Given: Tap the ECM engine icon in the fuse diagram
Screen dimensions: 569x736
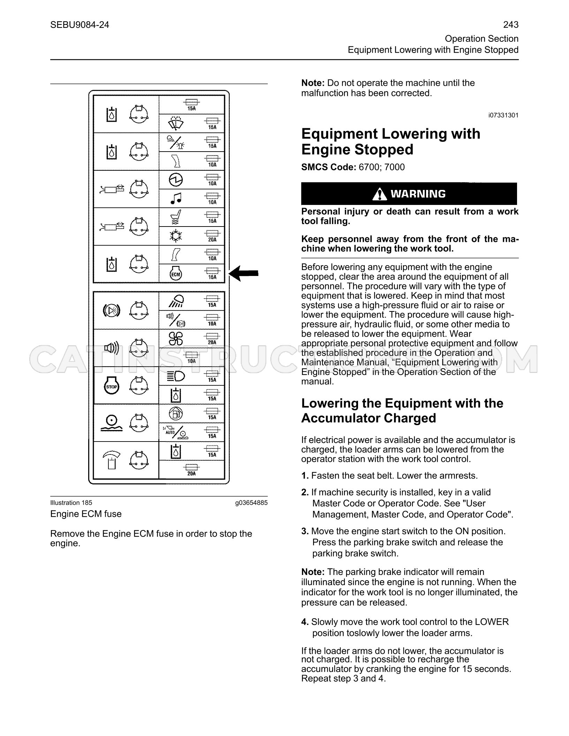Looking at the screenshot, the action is click(175, 273).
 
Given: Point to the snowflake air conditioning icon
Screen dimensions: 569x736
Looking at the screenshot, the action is click(175, 236).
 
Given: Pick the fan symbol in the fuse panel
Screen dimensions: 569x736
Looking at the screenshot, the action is click(176, 338).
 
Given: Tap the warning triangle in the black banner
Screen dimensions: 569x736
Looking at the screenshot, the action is click(379, 194).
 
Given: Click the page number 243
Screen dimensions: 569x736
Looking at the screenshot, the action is click(511, 25).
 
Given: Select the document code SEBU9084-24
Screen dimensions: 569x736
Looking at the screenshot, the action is click(79, 25).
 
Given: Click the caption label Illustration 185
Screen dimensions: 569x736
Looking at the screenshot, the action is click(71, 503).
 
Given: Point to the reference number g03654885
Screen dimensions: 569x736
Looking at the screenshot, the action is click(251, 503).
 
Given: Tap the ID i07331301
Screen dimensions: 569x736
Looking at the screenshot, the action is click(503, 115).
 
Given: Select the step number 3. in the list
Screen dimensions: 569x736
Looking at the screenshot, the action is click(305, 531).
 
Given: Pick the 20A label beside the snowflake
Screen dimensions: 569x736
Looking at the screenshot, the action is click(212, 240).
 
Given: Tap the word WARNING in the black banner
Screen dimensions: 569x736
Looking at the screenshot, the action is click(418, 194).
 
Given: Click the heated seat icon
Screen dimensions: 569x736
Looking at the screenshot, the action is click(176, 217).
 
